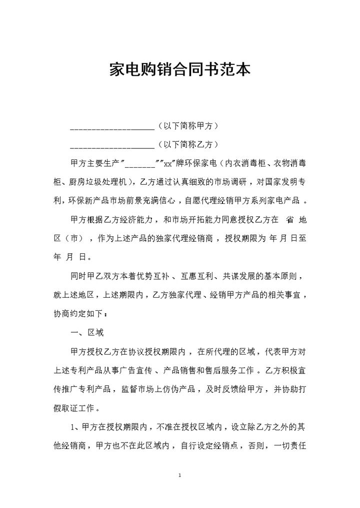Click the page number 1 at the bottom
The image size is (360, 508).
pos(179,474)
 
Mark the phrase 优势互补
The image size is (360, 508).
pos(152,276)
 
